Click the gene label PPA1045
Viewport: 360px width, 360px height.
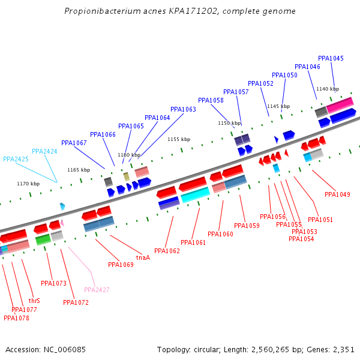[331, 58]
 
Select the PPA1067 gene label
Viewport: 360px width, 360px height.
[74, 143]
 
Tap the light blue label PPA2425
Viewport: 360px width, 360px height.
[16, 159]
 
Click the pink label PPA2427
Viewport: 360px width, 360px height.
[97, 290]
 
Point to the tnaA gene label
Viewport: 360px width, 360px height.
[143, 257]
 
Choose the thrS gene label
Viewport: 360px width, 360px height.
[34, 301]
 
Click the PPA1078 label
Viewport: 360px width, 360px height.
[16, 318]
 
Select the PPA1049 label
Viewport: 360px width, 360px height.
[337, 194]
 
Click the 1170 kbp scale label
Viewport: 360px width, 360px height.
[28, 184]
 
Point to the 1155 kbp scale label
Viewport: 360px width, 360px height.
[179, 139]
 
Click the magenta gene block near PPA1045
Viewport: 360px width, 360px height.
[340, 105]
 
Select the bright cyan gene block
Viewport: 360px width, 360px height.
[195, 195]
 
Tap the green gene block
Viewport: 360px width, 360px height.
[43, 239]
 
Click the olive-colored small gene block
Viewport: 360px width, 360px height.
[127, 176]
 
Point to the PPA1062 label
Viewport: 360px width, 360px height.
[167, 251]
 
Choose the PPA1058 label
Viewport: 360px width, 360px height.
[211, 100]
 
